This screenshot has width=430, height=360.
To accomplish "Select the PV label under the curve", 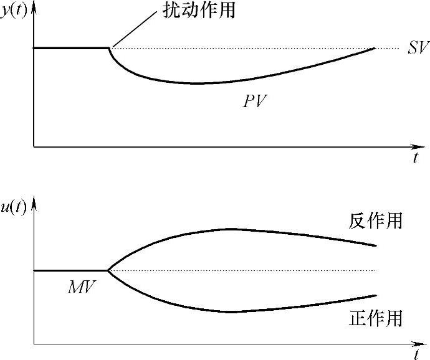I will (255, 101).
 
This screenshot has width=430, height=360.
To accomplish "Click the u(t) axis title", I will (14, 208).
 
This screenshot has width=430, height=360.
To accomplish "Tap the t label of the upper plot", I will (415, 158).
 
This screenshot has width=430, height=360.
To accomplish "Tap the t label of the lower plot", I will (415, 355).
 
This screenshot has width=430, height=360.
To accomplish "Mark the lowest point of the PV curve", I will (196, 83).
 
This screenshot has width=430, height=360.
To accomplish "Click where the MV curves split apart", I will (108, 270).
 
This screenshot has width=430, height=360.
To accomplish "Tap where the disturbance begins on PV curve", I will (110, 47).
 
